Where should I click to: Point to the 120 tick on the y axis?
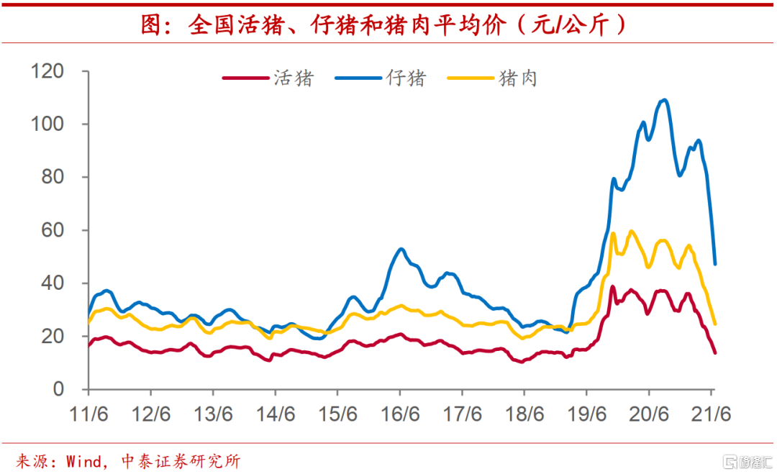coord(47,72)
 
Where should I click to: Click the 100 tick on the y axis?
coord(47,124)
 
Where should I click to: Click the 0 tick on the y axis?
coord(58,390)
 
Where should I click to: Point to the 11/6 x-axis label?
coord(88,415)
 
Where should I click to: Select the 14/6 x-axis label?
coord(275,415)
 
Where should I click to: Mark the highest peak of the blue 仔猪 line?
coord(663,100)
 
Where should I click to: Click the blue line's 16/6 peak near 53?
coord(401,249)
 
